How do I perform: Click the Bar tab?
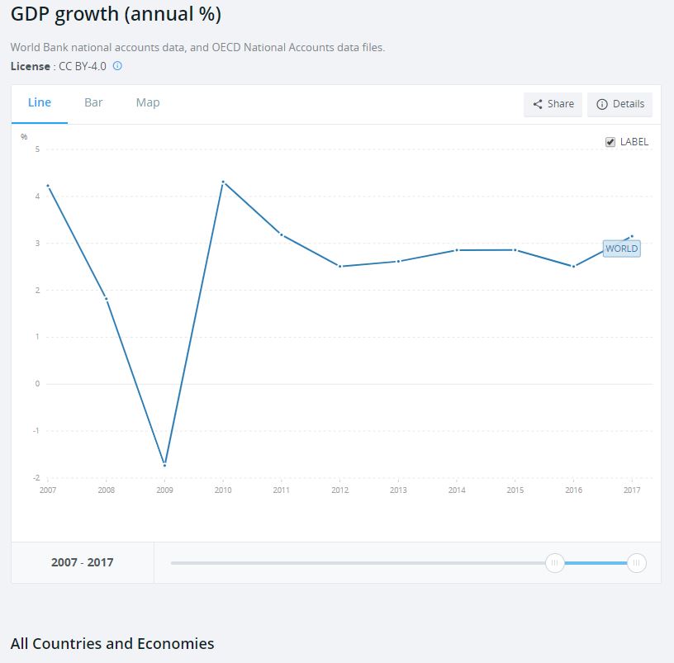click(93, 103)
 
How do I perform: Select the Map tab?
click(148, 103)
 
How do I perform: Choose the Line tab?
click(40, 103)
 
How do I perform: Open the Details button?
click(619, 105)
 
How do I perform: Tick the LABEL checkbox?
click(610, 142)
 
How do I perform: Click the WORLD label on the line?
click(621, 249)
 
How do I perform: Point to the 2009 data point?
click(164, 464)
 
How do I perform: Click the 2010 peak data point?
click(223, 182)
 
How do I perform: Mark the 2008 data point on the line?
click(106, 298)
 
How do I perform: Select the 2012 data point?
click(339, 266)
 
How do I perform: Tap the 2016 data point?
click(573, 266)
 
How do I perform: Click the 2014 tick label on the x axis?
click(457, 490)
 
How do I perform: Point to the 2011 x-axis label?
click(282, 490)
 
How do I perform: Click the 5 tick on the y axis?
click(37, 149)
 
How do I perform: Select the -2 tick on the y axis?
click(36, 478)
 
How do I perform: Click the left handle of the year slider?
click(555, 563)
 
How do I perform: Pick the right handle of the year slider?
click(635, 563)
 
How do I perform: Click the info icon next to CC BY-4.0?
click(117, 66)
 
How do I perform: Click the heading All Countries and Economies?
click(112, 644)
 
